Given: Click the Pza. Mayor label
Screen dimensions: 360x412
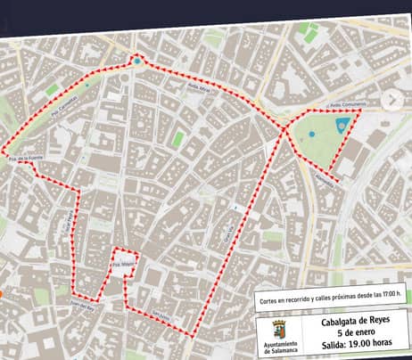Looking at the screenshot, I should click(121, 265).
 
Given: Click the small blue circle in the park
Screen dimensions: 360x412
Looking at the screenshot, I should click(311, 135).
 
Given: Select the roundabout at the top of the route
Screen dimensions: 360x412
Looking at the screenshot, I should click(137, 61).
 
